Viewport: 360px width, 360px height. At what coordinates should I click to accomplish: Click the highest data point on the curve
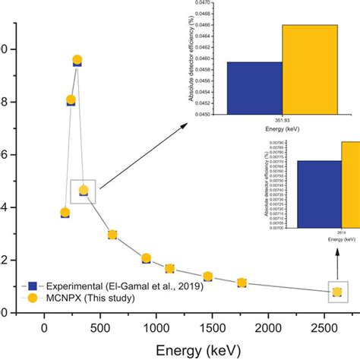click(77, 60)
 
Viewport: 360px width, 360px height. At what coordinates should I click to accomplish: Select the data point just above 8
click(71, 100)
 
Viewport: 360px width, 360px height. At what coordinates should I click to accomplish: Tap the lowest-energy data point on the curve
click(65, 213)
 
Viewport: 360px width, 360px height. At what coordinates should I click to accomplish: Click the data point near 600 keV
click(112, 235)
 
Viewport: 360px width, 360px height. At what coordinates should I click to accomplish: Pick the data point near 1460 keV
click(207, 276)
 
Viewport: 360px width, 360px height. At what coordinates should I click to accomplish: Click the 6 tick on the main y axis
click(6, 155)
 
